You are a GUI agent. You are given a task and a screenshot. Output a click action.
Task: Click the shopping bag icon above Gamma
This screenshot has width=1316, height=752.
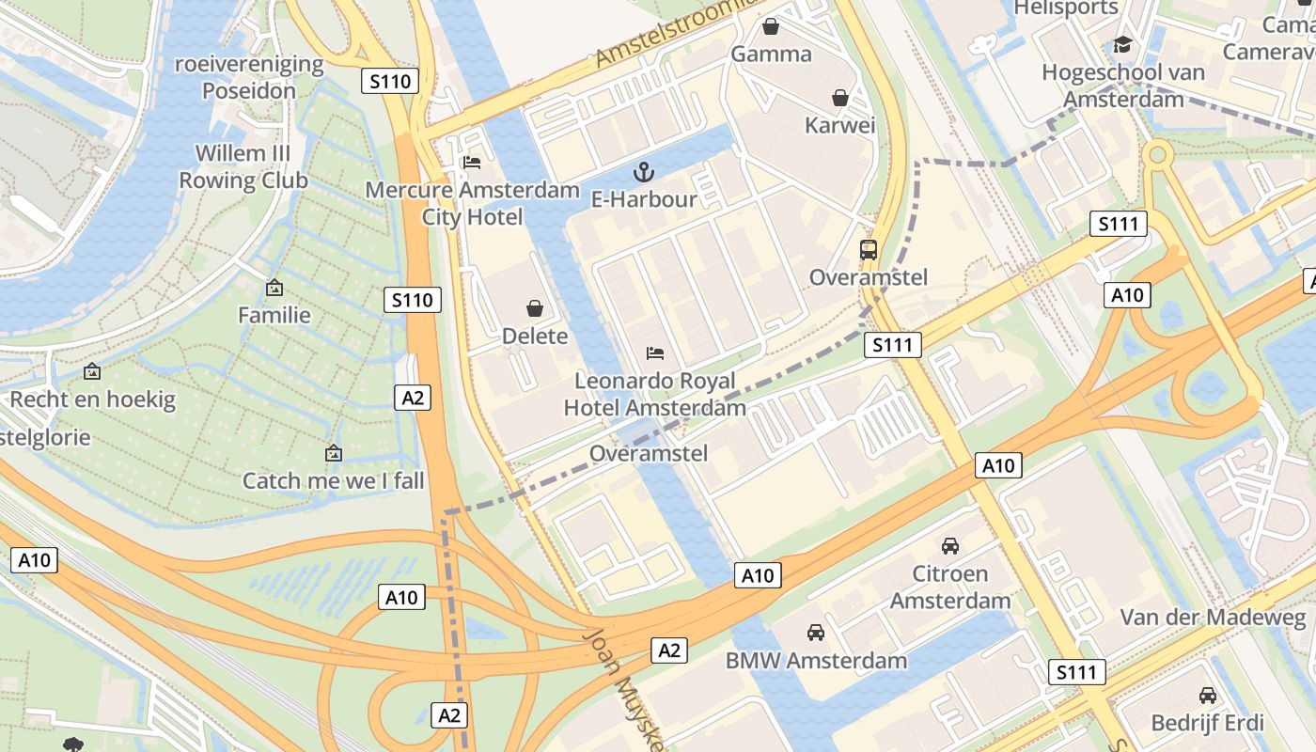pos(771,26)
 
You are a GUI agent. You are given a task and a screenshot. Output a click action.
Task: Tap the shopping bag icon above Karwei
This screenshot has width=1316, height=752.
pos(839,98)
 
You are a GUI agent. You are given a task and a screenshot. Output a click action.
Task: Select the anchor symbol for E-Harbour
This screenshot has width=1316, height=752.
pos(644,171)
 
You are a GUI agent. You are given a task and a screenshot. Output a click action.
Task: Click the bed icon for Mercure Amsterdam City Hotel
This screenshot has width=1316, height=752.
pos(472,163)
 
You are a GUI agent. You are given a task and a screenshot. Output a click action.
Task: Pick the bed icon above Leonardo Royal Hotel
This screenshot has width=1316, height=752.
pos(655,353)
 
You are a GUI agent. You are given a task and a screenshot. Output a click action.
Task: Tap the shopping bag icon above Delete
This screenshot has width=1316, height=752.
pos(535,308)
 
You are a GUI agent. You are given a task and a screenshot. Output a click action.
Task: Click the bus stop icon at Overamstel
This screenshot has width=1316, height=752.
pos(869,250)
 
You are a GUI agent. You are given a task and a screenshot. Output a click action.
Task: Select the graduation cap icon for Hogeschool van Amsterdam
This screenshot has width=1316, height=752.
pos(1122,45)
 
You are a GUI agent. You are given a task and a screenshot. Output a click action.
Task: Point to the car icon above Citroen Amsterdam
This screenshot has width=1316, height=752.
pos(950,546)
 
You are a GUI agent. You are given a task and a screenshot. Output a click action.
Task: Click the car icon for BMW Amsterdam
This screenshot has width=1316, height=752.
pos(816,633)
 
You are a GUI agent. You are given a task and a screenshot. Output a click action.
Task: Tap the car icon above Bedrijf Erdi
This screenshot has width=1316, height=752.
pos(1208,696)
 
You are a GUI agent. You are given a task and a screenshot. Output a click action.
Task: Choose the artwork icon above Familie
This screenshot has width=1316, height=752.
pos(274,288)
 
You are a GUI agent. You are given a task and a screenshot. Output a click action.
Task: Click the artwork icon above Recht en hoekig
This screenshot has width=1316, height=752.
pos(92,372)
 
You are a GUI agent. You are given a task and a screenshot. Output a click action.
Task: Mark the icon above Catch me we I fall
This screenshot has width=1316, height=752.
pos(333,453)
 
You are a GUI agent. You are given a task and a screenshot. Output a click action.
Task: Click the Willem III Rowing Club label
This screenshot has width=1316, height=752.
pos(243,166)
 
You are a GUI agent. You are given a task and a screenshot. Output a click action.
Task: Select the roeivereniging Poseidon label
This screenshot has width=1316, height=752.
pos(249,77)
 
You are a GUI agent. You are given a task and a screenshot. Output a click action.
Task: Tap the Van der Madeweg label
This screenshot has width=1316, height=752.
pos(1213,618)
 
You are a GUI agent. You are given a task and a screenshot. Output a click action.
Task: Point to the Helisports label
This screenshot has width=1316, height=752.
pos(1066,8)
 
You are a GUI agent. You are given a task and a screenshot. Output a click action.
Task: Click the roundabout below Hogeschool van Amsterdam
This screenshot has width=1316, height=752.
pos(1158,154)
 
